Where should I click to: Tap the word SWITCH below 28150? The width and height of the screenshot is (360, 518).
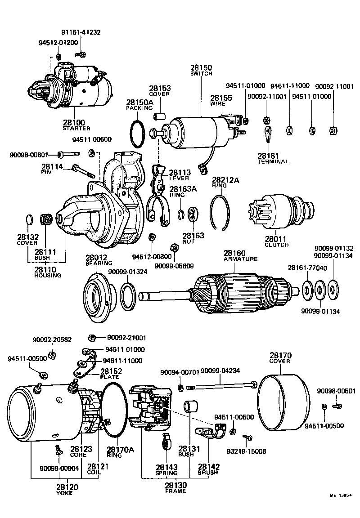pos(201,73)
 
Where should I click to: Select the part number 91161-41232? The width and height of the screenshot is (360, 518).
pos(81,32)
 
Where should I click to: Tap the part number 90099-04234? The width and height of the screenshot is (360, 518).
pos(220,371)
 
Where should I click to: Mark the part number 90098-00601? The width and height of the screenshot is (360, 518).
pos(28,156)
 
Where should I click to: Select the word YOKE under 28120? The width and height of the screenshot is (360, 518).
pos(65,493)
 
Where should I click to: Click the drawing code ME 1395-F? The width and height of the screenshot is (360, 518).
pos(341,508)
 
